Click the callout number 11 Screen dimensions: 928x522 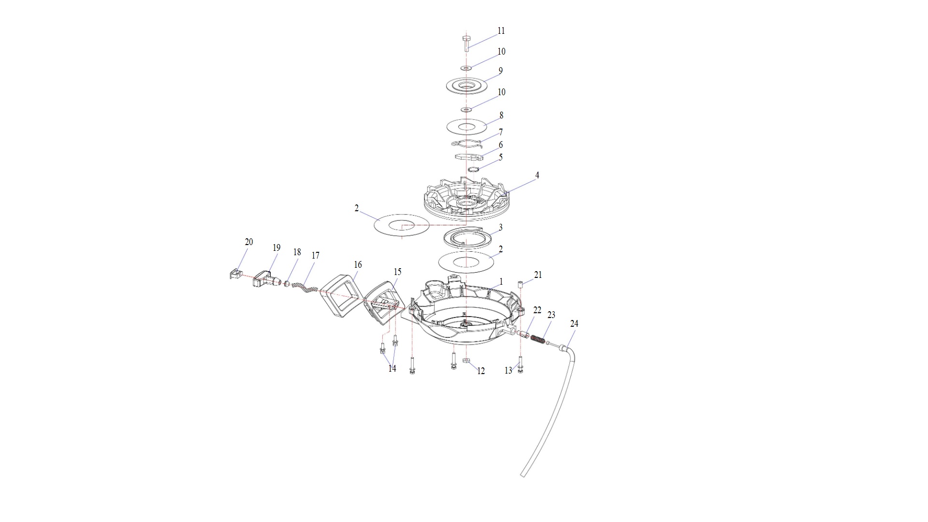click(x=501, y=31)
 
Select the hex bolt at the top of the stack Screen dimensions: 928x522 click(x=466, y=43)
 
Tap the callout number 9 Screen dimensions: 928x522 click(x=501, y=71)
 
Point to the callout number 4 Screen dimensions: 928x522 click(x=537, y=175)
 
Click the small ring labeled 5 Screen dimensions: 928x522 click(x=473, y=169)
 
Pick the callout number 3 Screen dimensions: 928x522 click(x=501, y=227)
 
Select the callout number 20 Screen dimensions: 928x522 click(x=249, y=242)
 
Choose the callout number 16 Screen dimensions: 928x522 click(x=358, y=265)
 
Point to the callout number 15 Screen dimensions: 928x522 click(x=397, y=272)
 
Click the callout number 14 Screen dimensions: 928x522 click(x=392, y=369)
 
